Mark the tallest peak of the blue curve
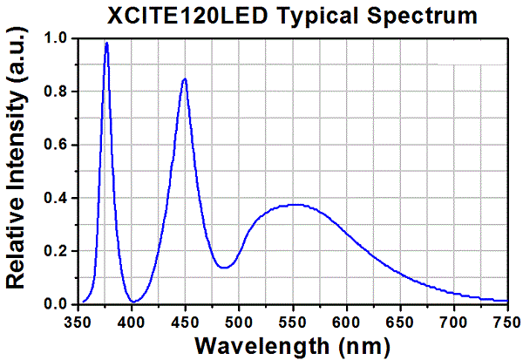pyautogui.click(x=106, y=43)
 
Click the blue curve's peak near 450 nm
pyautogui.click(x=185, y=79)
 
